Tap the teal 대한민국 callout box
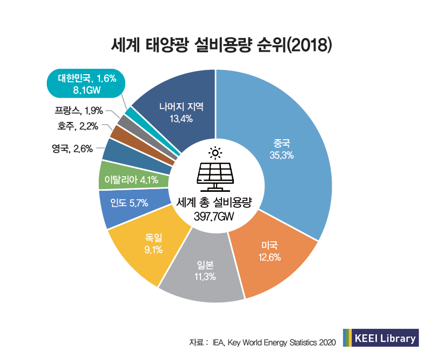coord(87,83)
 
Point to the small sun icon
coord(215,153)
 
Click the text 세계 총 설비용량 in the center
coord(215,203)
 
